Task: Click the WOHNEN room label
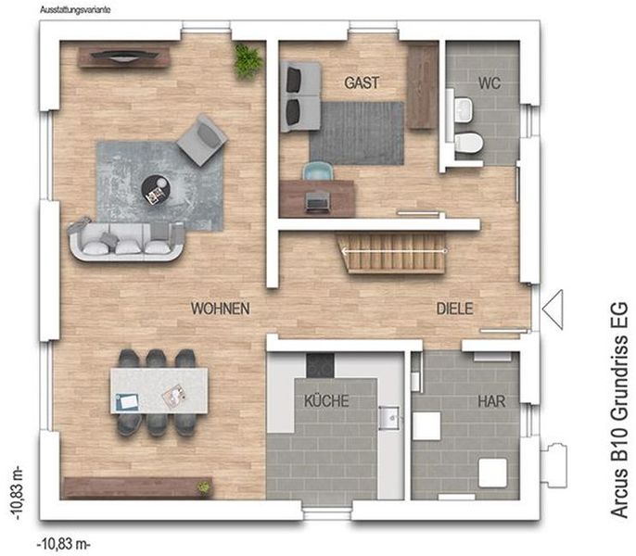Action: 221,309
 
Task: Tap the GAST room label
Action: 362,82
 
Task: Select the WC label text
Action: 490,83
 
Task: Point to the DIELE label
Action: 454,309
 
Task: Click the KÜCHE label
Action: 326,400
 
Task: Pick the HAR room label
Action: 491,401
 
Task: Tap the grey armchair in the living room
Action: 201,140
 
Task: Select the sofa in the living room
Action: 126,240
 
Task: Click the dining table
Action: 159,390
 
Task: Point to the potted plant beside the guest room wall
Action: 247,61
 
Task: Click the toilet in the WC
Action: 468,143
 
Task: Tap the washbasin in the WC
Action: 464,109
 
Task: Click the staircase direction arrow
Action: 393,251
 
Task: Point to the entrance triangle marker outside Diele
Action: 553,309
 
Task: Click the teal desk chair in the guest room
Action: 318,171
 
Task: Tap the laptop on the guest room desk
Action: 318,201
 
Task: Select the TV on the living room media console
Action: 123,56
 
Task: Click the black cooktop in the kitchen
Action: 320,366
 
